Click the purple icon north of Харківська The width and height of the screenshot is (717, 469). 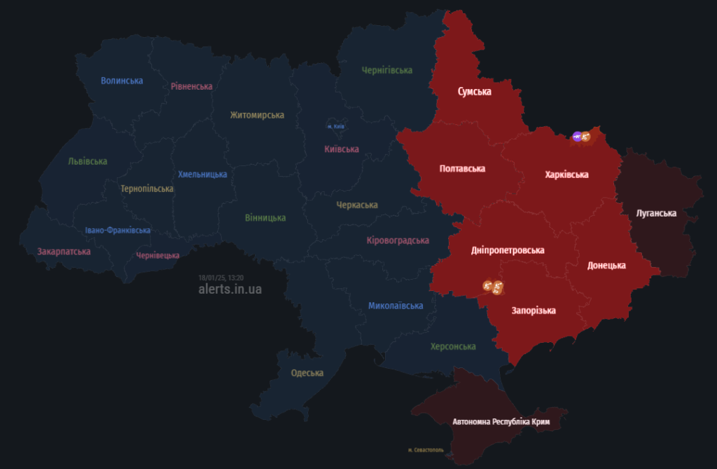point(577,137)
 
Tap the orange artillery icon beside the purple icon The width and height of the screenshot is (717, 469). point(586,137)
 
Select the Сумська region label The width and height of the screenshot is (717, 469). point(474,92)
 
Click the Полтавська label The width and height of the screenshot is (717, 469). point(462,168)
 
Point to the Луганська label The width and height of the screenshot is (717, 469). point(656,213)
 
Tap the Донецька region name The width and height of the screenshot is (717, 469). point(606,266)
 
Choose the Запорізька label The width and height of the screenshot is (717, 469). point(534,310)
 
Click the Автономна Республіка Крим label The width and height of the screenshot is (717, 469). point(501,422)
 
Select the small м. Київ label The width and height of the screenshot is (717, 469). point(336,126)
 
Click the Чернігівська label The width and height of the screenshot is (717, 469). point(387,70)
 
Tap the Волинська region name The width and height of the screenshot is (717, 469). point(122,81)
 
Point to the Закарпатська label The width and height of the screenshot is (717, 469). point(64,251)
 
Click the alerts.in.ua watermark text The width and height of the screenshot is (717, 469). point(230,289)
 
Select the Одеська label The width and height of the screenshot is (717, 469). point(307,373)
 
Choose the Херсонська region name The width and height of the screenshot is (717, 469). point(453,346)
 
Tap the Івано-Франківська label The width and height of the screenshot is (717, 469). point(118,230)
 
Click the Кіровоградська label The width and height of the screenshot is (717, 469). point(398,240)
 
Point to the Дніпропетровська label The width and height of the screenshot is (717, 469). point(508,250)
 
